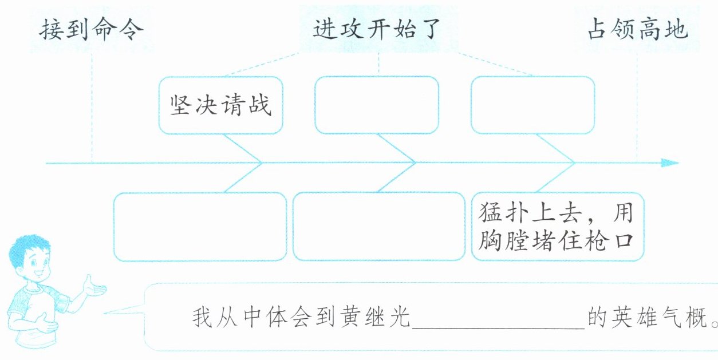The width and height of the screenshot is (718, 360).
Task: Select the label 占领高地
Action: coord(637,30)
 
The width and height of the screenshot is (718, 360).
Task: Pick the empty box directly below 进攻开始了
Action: coord(377,105)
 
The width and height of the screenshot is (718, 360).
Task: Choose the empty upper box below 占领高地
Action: coord(532,105)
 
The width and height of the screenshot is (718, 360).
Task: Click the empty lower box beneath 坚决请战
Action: coord(200,227)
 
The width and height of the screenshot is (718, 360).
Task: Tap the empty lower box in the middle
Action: coord(378,227)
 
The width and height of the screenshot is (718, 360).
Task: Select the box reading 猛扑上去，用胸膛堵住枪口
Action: coord(558,227)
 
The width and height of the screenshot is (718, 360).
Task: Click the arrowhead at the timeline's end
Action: coord(670,163)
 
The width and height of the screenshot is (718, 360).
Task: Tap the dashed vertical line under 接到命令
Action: coord(92,103)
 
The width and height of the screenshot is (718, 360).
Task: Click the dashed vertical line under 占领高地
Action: coord(637,103)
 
